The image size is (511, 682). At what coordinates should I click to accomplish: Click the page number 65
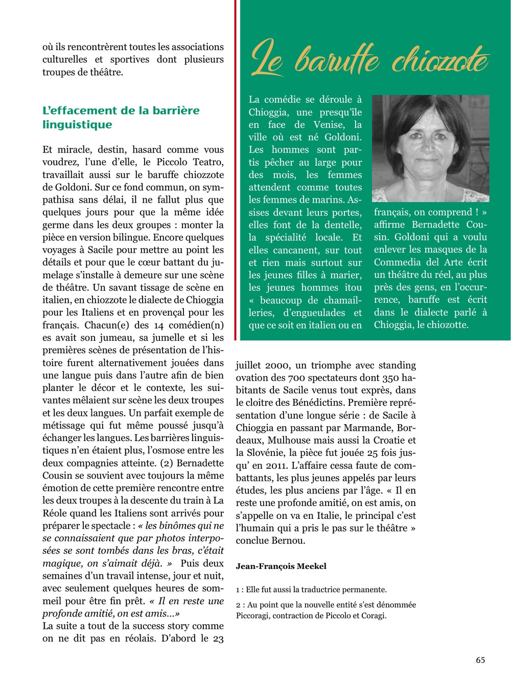[x=480, y=660]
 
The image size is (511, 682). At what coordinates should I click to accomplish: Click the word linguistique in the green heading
[x=77, y=125]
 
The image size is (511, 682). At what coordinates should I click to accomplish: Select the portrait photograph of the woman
[x=430, y=148]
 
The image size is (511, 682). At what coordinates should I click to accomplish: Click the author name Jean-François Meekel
[x=281, y=566]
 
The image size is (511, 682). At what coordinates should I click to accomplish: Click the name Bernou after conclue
[x=288, y=541]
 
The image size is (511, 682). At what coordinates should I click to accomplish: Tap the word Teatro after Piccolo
[x=208, y=162]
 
